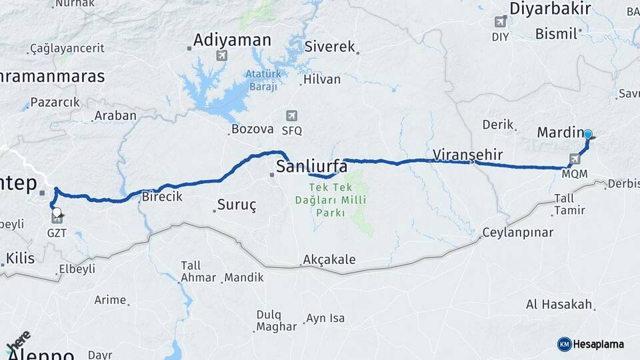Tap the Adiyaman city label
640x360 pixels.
point(231,40)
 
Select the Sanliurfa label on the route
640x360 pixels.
point(311,166)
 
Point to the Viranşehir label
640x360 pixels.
point(467,155)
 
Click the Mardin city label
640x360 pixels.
point(560,133)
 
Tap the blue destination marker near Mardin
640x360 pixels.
point(587,135)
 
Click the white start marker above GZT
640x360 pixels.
point(57,213)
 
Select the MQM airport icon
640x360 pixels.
point(575,159)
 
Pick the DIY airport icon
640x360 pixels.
point(500,22)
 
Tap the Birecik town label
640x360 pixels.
point(162,197)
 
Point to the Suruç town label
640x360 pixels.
point(237,205)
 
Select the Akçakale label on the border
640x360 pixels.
point(329,259)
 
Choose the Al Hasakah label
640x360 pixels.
point(559,305)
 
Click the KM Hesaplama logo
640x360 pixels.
point(591,344)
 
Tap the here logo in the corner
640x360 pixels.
point(18,341)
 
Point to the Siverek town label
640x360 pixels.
point(330,47)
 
